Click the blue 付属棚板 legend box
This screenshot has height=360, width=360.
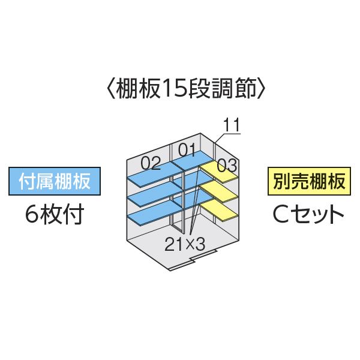click(55, 181)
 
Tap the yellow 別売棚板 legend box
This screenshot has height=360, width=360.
click(309, 181)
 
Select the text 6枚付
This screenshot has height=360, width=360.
click(55, 214)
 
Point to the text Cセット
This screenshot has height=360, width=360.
click(308, 214)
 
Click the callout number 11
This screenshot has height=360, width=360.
click(231, 125)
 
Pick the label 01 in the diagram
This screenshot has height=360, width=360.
click(187, 151)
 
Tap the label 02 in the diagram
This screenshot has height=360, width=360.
click(151, 163)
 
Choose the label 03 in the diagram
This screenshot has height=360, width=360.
click(227, 166)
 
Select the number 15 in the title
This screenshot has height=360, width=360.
click(170, 89)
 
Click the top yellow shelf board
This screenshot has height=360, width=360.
click(218, 172)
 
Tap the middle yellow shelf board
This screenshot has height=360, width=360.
click(218, 191)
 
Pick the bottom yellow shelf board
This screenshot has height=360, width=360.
click(218, 211)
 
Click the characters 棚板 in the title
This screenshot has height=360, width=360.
click(138, 89)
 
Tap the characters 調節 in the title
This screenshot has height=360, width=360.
click(233, 89)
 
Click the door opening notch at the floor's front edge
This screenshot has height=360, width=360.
click(192, 259)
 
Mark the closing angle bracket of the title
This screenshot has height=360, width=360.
click(261, 89)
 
